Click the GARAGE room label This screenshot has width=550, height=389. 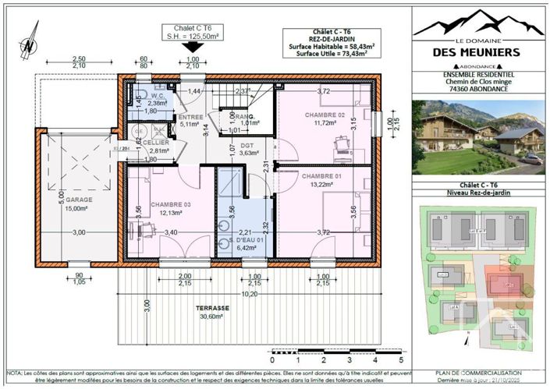click(x=79, y=200)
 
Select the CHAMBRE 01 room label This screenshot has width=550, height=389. click(x=323, y=177)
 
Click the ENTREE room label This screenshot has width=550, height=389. click(x=190, y=117)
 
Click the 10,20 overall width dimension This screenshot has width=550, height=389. click(x=249, y=295)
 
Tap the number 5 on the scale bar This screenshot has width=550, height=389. click(x=401, y=360)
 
